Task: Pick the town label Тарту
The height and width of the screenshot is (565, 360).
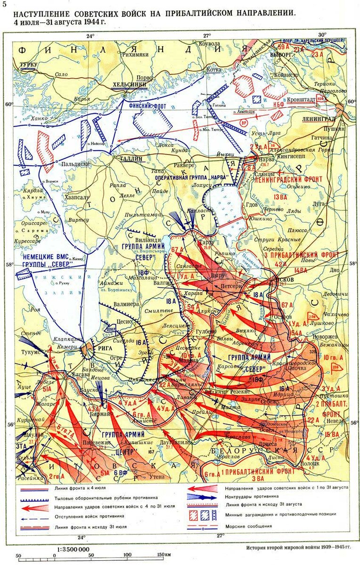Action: [x=205, y=242]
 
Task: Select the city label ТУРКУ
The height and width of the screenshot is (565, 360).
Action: [x=28, y=64]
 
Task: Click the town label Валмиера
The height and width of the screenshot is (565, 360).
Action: [x=125, y=304]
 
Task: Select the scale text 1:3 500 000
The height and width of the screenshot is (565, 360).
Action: [x=74, y=549]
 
